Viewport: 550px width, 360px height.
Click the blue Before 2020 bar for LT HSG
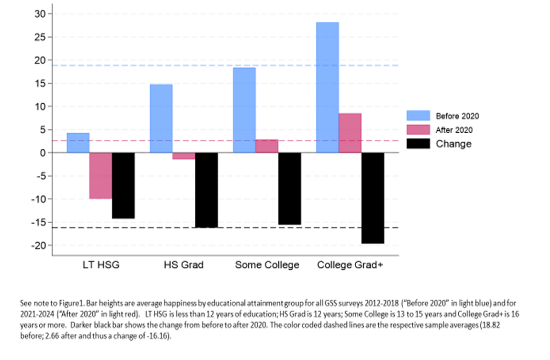[78, 143]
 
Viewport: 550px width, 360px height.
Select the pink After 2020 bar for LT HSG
[100, 176]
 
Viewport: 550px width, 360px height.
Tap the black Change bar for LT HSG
[123, 185]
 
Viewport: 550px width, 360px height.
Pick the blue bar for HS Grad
[161, 118]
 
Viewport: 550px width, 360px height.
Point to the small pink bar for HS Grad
[184, 156]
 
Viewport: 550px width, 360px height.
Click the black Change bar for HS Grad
[206, 190]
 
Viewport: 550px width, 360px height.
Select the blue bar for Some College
[244, 110]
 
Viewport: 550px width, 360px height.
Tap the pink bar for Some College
[267, 146]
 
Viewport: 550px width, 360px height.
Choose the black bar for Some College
[290, 189]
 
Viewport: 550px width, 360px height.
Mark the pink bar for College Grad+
[350, 133]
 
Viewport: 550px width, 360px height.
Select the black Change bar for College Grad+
[373, 198]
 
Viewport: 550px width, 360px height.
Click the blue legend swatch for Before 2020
[418, 116]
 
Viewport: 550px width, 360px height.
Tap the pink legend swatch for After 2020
[418, 129]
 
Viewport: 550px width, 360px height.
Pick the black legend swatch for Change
[418, 143]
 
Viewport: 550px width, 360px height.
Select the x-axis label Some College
[267, 265]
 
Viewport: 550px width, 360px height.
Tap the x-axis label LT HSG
[100, 265]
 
